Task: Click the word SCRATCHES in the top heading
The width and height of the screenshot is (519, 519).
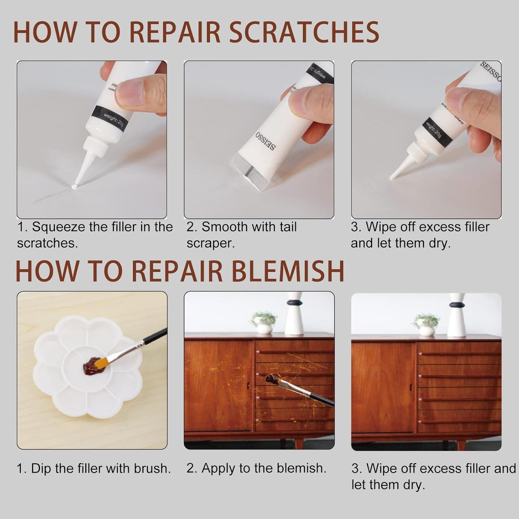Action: click(x=304, y=32)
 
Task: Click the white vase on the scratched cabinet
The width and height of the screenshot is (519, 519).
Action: click(x=294, y=316)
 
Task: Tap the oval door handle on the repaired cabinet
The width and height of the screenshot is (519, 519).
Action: click(x=411, y=388)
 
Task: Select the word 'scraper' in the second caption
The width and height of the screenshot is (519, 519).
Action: click(x=210, y=243)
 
